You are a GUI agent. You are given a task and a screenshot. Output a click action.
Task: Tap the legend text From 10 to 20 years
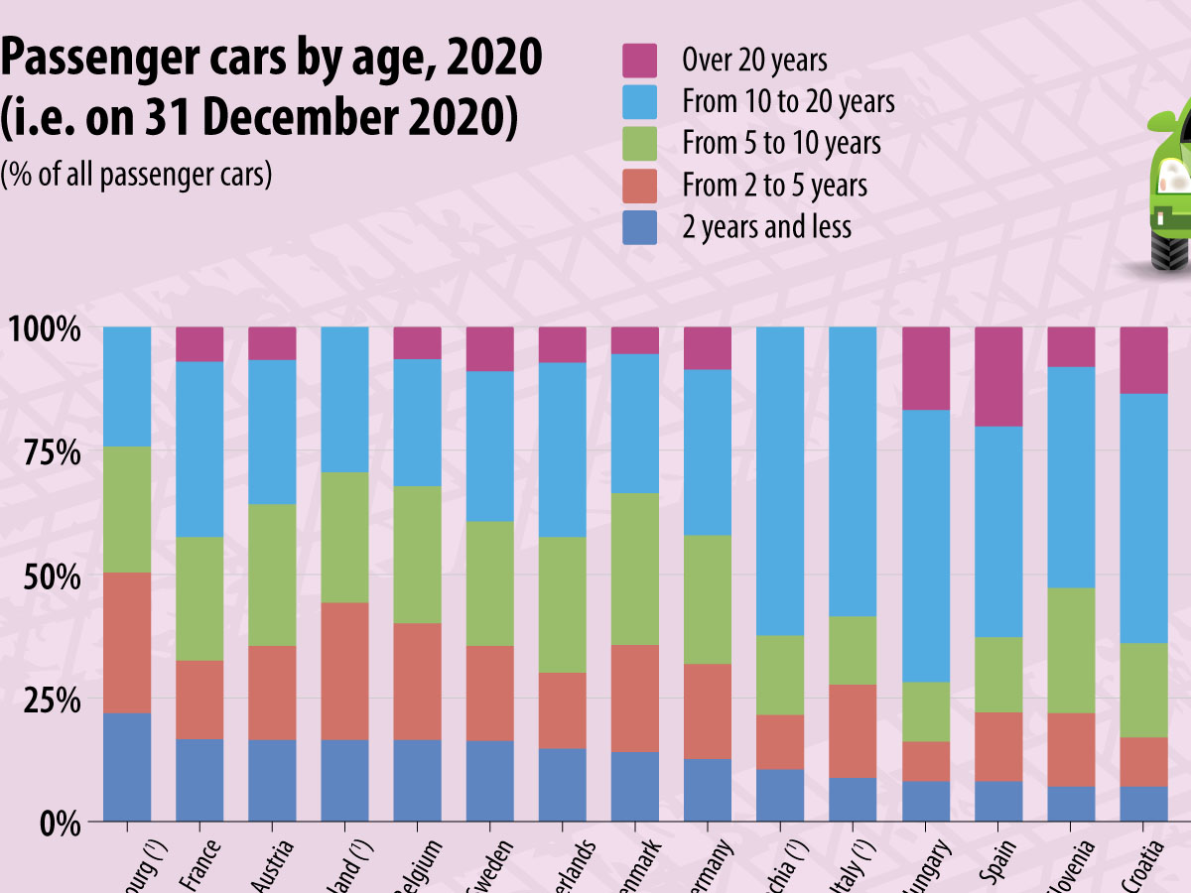click(788, 102)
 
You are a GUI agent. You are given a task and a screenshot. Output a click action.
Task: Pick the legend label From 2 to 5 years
click(774, 186)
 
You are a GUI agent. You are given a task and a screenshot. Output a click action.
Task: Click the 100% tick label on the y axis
click(45, 327)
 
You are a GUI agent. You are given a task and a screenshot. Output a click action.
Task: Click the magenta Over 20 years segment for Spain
click(998, 376)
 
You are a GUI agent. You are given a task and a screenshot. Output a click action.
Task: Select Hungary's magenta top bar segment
click(925, 368)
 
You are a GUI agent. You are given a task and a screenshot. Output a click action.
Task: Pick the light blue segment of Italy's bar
click(852, 471)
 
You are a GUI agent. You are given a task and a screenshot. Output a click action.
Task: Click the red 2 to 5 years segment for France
click(199, 700)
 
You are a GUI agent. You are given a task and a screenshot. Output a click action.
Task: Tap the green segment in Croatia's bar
click(1143, 690)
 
